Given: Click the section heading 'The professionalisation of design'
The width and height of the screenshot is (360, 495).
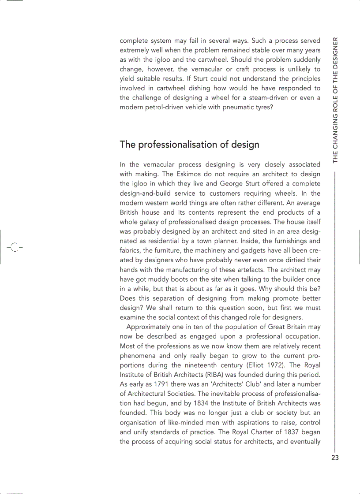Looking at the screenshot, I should point(189,145).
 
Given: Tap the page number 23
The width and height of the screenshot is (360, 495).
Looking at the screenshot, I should point(335,458).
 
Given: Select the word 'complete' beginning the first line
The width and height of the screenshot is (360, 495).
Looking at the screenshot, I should point(133,41).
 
